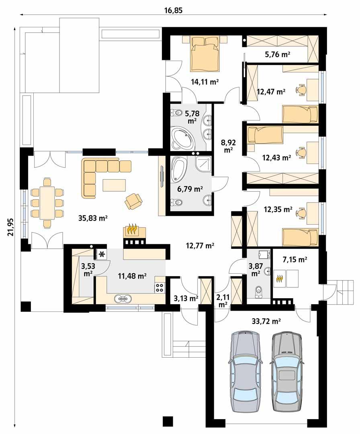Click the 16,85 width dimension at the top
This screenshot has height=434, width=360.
coord(173,10)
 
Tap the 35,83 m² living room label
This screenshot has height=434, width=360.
coord(94,218)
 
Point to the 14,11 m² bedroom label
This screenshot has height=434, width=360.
coord(205,82)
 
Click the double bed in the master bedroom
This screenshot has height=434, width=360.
coord(205,53)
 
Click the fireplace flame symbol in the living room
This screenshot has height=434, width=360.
coord(133,230)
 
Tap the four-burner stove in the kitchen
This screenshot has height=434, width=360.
coord(160,287)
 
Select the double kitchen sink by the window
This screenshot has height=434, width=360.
coord(123,299)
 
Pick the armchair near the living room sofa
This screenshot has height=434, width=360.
coord(133,201)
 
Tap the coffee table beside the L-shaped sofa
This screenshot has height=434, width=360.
coord(115,185)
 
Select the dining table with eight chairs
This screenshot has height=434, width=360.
coord(47,203)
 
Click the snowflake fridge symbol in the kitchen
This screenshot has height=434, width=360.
coord(102,254)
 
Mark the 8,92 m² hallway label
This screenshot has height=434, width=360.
coord(229,145)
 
